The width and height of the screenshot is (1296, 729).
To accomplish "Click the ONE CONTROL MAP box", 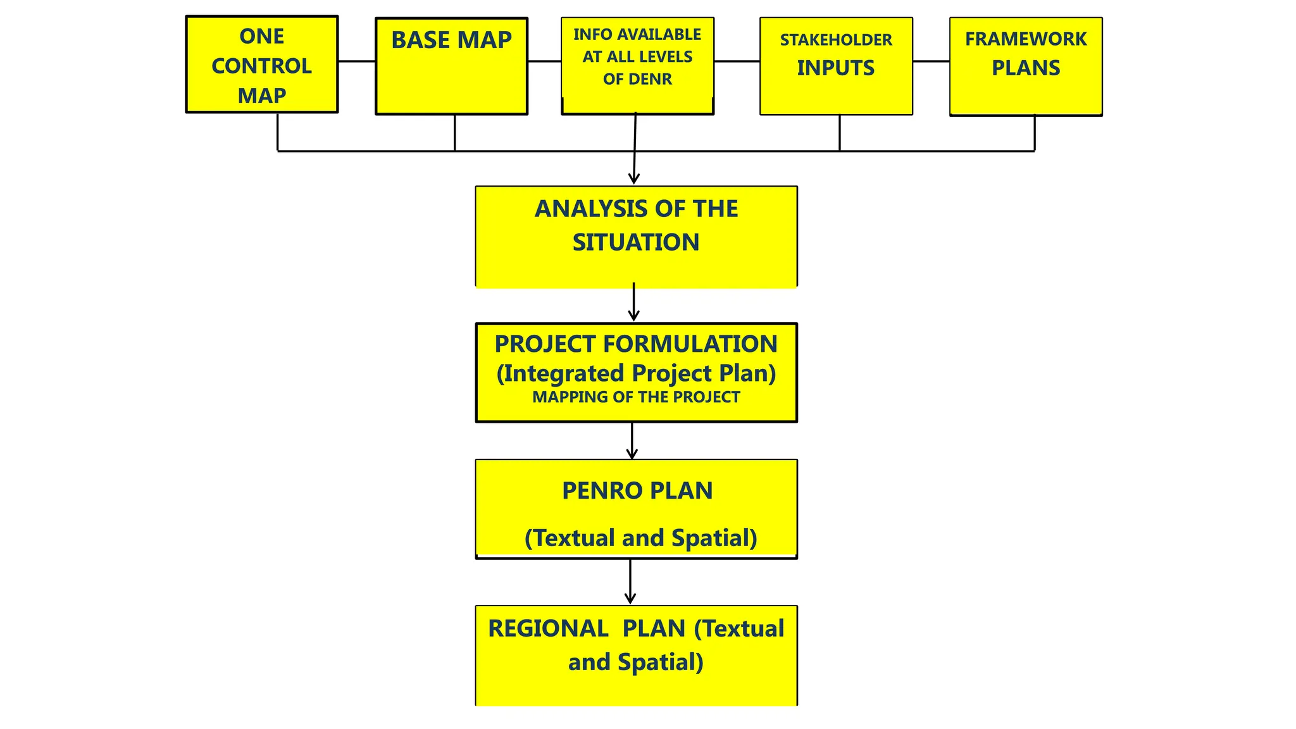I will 261,65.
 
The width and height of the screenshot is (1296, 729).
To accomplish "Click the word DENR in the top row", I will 652,80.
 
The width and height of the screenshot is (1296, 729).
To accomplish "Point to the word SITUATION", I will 636,242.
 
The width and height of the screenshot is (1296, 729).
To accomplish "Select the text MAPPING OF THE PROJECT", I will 636,397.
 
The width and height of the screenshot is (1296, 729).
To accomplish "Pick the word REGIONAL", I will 548,629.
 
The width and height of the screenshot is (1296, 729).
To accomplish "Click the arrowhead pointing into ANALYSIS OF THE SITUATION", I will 634,178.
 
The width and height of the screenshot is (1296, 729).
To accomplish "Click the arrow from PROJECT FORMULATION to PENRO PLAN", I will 632,441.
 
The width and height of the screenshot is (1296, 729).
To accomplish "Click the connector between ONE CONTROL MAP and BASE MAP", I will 356,61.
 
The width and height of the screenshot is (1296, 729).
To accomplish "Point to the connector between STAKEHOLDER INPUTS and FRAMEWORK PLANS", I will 931,61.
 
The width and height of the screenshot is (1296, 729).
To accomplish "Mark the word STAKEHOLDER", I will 836,40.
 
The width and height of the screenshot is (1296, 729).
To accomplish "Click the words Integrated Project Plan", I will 636,373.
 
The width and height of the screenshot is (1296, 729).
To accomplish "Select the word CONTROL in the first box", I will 261,66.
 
